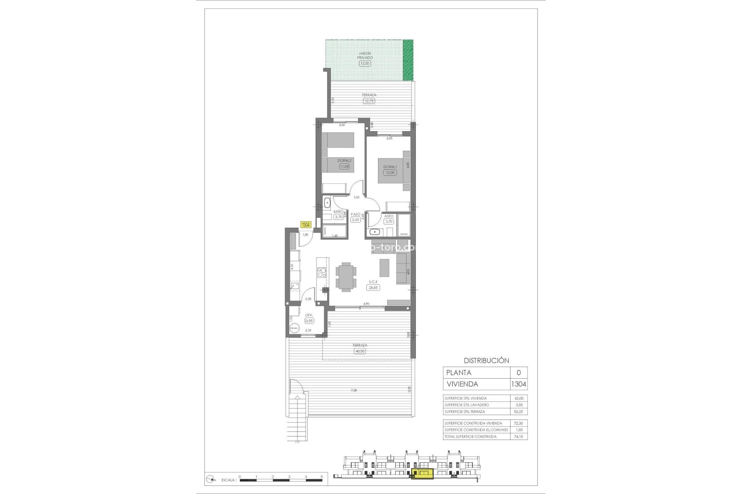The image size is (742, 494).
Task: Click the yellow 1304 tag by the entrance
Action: tap(306, 225)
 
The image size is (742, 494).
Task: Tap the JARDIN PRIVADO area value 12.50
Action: tap(364, 63)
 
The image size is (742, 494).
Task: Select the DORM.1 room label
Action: tap(390, 167)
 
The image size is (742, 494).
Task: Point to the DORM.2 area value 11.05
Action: tap(344, 167)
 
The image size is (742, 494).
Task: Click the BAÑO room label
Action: tap(339, 212)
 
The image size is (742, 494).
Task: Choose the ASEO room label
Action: tap(389, 216)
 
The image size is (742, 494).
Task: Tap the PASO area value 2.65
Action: tap(355, 220)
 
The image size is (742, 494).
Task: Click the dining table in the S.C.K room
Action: tap(346, 276)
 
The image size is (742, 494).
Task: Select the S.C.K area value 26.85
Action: tap(373, 288)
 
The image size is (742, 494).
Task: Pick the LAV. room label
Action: tap(309, 315)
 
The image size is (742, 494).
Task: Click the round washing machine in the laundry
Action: tap(294, 328)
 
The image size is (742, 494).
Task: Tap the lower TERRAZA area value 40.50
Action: tap(359, 351)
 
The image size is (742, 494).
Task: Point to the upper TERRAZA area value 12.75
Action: tap(369, 101)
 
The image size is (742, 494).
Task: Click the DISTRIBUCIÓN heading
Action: tap(486, 360)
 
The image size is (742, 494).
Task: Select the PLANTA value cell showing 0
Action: tap(519, 372)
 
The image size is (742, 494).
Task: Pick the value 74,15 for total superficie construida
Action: tap(519, 436)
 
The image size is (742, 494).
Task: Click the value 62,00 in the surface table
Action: tap(519, 398)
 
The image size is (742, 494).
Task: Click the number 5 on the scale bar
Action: tap(322, 477)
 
